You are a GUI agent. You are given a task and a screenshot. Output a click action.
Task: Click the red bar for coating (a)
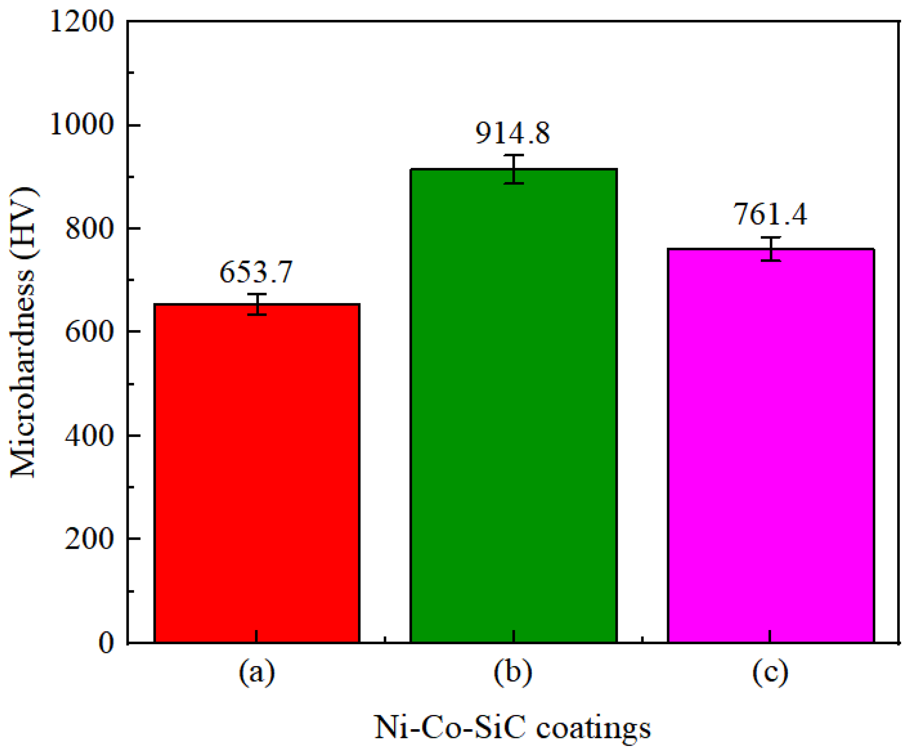click(x=257, y=474)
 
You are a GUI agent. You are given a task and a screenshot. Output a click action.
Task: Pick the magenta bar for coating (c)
click(x=771, y=445)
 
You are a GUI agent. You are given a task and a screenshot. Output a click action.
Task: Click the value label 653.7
click(x=256, y=273)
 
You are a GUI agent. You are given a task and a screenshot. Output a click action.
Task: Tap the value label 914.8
click(x=513, y=133)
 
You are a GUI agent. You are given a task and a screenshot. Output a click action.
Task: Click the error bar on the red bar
click(x=257, y=304)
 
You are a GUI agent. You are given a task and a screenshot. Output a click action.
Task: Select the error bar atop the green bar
click(x=514, y=169)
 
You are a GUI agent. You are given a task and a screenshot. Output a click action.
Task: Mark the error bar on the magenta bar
click(x=771, y=249)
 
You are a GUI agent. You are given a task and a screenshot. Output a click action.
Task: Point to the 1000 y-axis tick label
click(x=82, y=125)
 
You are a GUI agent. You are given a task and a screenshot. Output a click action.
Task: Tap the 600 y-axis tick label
click(x=90, y=332)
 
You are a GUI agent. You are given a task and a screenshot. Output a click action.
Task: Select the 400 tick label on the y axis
click(x=90, y=436)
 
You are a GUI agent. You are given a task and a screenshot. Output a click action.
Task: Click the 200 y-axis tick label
click(x=90, y=539)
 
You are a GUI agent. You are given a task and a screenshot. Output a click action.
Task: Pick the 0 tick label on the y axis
click(x=106, y=643)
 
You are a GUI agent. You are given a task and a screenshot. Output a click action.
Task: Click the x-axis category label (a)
click(x=257, y=672)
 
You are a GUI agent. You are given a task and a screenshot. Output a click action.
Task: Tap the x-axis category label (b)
click(x=513, y=672)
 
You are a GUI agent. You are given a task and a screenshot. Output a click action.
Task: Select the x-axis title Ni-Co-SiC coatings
click(x=512, y=728)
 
